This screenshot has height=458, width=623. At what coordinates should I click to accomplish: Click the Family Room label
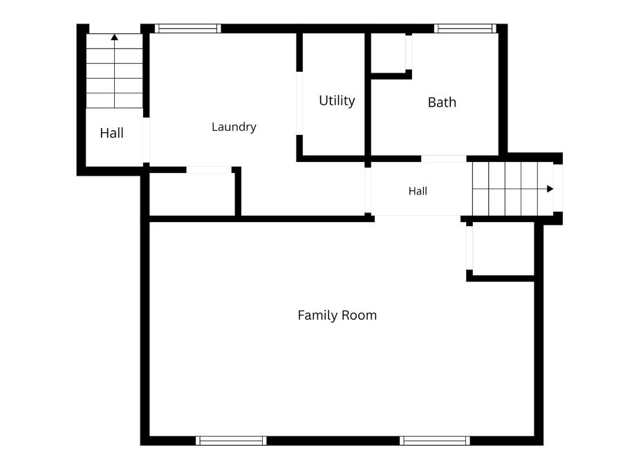tap(337, 315)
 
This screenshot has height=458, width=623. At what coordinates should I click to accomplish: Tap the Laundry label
tap(234, 127)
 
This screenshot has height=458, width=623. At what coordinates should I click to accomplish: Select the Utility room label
tap(337, 100)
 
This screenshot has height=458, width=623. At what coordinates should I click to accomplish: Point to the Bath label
tap(442, 102)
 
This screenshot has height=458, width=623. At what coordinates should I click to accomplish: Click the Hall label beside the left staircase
tap(111, 133)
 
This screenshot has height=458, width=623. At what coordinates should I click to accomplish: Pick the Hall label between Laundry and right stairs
tap(418, 191)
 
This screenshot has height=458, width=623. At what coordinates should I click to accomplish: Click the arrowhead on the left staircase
tap(114, 37)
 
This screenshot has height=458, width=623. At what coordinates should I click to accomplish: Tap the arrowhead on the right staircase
tap(550, 189)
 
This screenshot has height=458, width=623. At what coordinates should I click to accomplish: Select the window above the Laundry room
tap(187, 28)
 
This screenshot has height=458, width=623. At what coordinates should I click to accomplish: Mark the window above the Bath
tap(465, 28)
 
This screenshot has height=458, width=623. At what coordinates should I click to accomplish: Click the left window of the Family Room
tap(231, 441)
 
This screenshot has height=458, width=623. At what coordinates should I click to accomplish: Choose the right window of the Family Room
tap(435, 441)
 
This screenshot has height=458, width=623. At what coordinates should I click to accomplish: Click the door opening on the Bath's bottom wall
tap(443, 158)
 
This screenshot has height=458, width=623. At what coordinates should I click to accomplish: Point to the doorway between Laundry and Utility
tap(299, 103)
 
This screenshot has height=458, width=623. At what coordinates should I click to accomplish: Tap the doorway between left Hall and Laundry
tap(146, 140)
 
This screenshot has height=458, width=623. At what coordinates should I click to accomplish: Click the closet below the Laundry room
tap(192, 194)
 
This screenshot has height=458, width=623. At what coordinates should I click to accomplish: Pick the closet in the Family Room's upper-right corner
tap(503, 248)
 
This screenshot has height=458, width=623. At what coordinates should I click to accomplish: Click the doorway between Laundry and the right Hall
tap(368, 190)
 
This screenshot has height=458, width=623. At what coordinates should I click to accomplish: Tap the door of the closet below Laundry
tap(209, 170)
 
